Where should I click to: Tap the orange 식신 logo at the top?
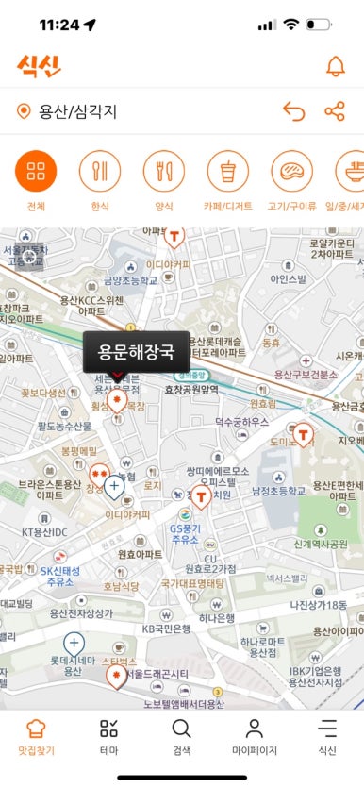[39, 66]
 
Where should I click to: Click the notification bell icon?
[335, 66]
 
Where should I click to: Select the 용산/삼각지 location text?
[78, 112]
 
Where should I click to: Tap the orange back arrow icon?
[294, 112]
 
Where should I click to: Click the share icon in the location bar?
[335, 112]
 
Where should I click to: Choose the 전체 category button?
[36, 171]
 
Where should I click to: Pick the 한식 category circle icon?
[100, 171]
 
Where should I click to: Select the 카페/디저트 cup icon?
[227, 171]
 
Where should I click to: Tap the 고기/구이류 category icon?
[291, 171]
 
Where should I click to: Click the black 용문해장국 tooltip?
[136, 353]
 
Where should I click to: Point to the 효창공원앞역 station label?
[191, 389]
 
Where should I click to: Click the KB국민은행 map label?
[166, 629]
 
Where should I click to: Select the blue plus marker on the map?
[114, 487]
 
